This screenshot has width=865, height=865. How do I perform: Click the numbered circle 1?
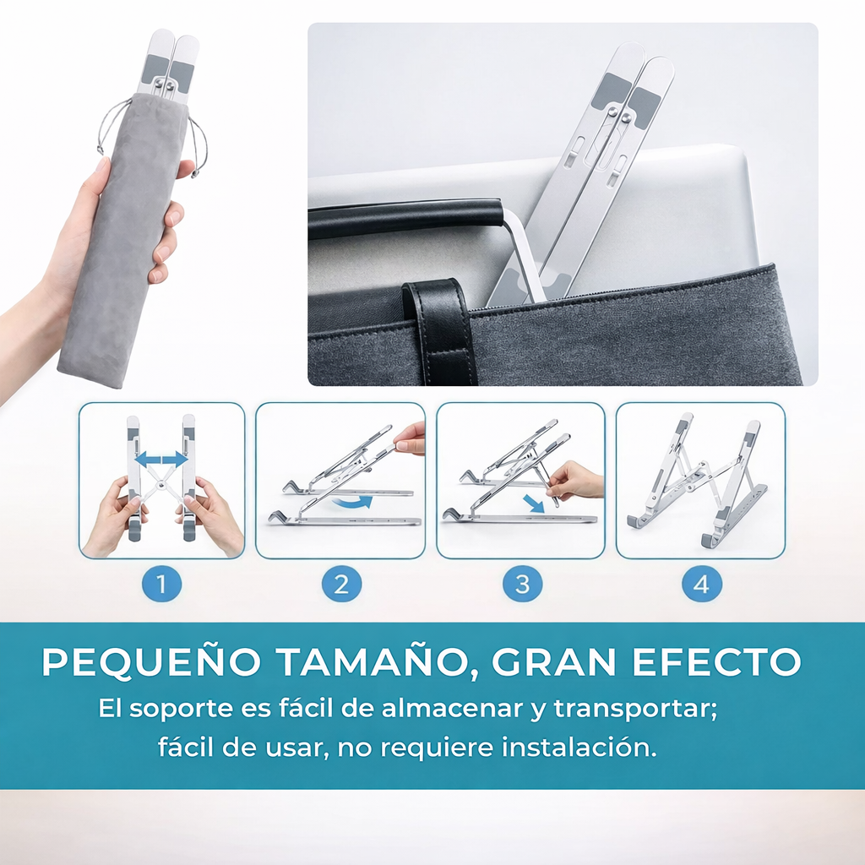click(x=161, y=584)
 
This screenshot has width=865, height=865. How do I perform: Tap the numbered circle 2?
click(x=341, y=584)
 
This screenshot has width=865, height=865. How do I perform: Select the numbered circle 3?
click(x=522, y=584)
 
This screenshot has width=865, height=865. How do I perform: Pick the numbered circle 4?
click(x=702, y=584)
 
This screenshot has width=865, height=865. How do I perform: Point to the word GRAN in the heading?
click(x=553, y=661)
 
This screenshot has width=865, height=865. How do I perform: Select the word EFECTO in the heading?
click(x=716, y=661)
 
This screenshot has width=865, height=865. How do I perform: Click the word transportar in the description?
click(x=635, y=709)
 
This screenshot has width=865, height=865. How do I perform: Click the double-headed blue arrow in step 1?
click(x=161, y=459)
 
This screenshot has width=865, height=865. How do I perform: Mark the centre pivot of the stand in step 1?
click(x=160, y=484)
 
